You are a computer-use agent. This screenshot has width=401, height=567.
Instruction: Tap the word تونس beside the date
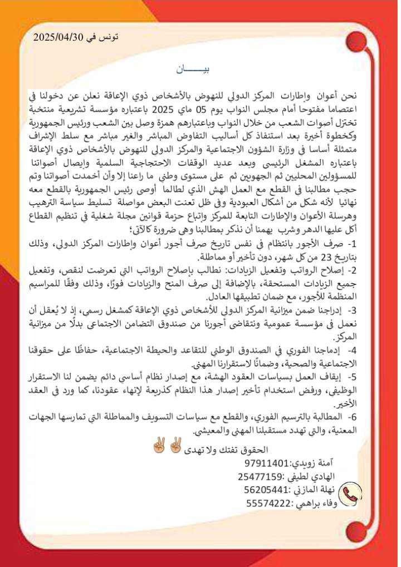pos(108,37)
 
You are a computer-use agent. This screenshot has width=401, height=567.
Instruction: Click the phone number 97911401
pos(267,462)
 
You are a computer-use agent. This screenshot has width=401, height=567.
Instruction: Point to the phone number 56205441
pos(267,490)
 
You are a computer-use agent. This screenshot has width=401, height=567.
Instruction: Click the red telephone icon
pos(351,494)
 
